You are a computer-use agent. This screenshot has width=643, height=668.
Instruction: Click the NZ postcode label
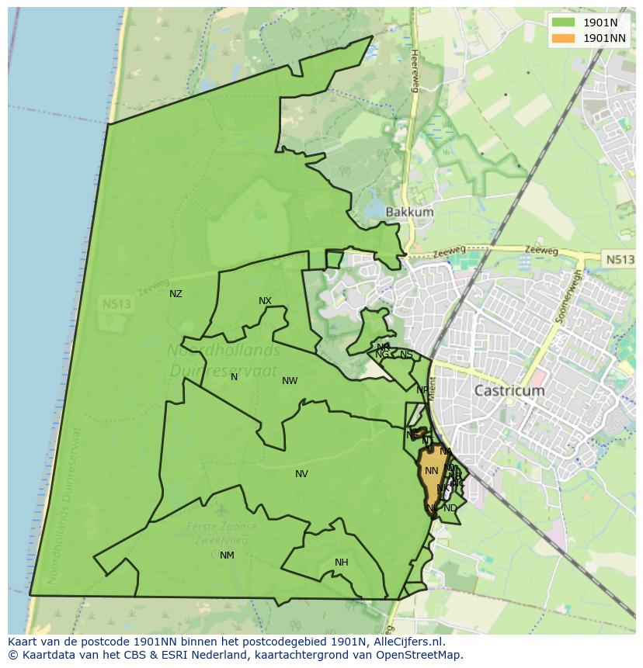[176, 294]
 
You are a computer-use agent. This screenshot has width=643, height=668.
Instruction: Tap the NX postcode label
[265, 301]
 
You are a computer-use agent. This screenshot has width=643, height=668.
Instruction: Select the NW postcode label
[290, 381]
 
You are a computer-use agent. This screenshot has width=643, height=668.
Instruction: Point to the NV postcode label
[301, 474]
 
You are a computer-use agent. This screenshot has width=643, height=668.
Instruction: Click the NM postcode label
[227, 556]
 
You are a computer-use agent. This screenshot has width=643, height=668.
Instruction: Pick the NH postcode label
[341, 562]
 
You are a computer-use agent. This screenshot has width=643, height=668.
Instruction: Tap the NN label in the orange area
[432, 471]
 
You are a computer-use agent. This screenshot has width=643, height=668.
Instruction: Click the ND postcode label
[450, 508]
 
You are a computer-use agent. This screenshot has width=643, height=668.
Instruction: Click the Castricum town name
[509, 391]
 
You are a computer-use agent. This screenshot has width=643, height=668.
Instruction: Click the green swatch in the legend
[564, 22]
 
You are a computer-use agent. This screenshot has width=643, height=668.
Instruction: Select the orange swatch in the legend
[564, 37]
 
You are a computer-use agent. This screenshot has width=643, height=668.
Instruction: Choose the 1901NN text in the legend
[605, 37]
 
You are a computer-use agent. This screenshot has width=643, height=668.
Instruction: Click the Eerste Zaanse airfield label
[211, 526]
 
